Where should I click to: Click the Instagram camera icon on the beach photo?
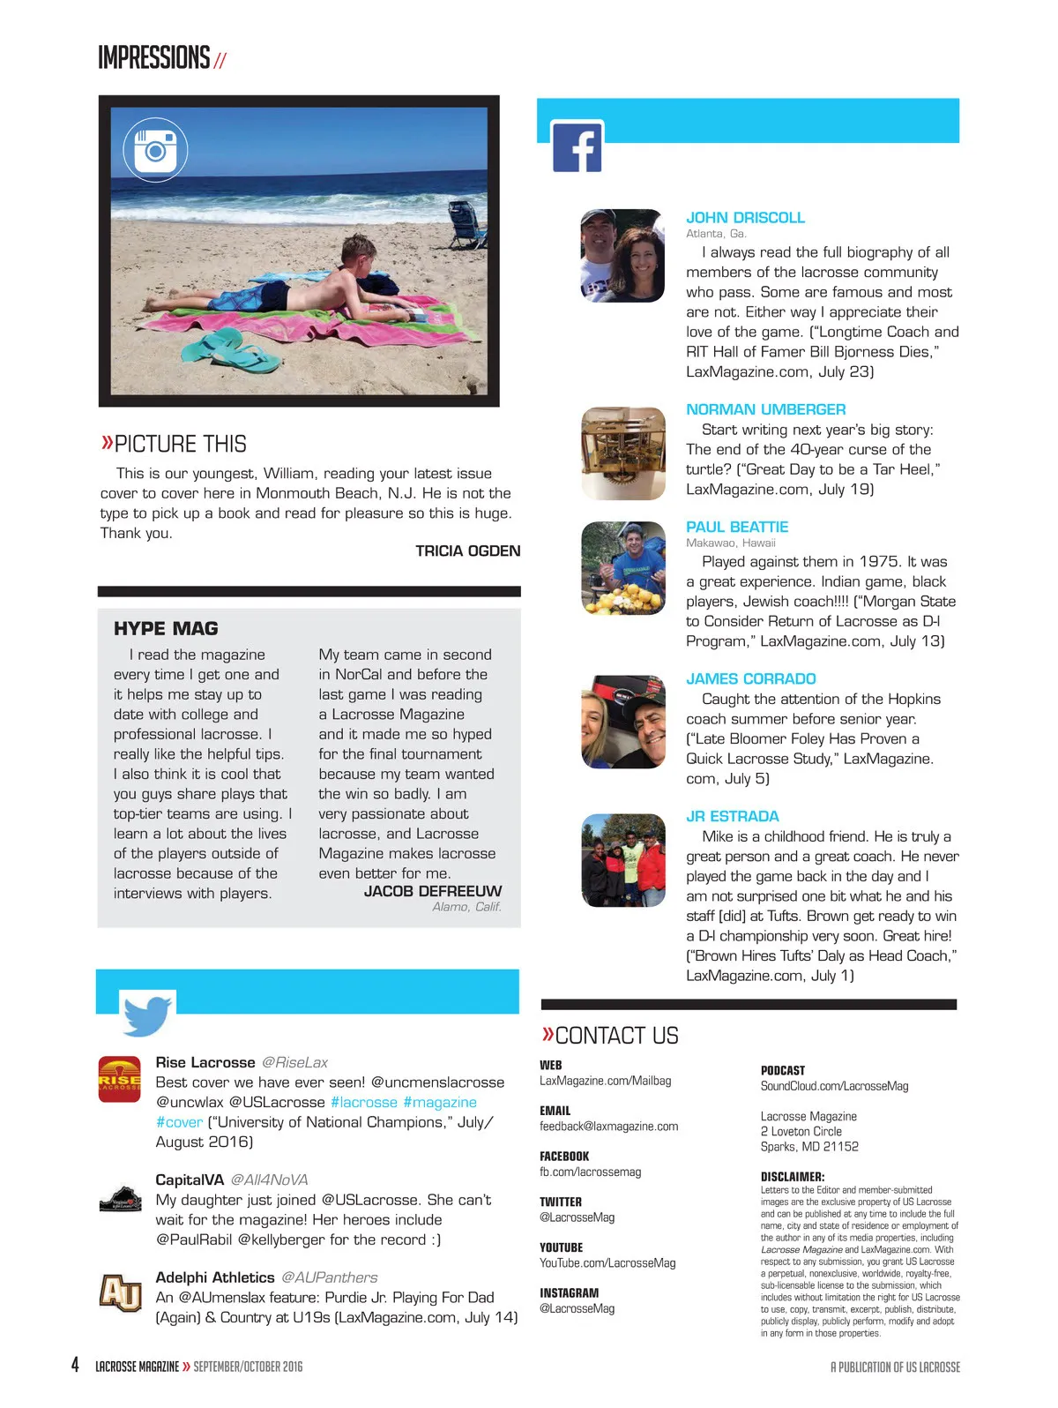(156, 151)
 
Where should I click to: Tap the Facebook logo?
(577, 147)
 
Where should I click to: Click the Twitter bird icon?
(147, 1015)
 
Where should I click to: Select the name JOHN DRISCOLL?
(745, 218)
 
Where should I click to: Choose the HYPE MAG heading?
(166, 628)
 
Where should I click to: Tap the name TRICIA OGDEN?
(467, 551)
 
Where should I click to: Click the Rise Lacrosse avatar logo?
(119, 1079)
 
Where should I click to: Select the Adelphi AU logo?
(120, 1293)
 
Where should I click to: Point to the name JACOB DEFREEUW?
(432, 891)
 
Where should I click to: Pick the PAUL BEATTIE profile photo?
(623, 568)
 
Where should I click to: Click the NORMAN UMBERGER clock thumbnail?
(623, 453)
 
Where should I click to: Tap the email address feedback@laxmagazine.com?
(608, 1127)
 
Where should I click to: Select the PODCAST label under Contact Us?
(782, 1070)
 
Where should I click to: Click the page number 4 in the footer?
(76, 1365)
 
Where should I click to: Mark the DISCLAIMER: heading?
(793, 1177)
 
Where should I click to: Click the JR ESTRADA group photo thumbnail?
(623, 860)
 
